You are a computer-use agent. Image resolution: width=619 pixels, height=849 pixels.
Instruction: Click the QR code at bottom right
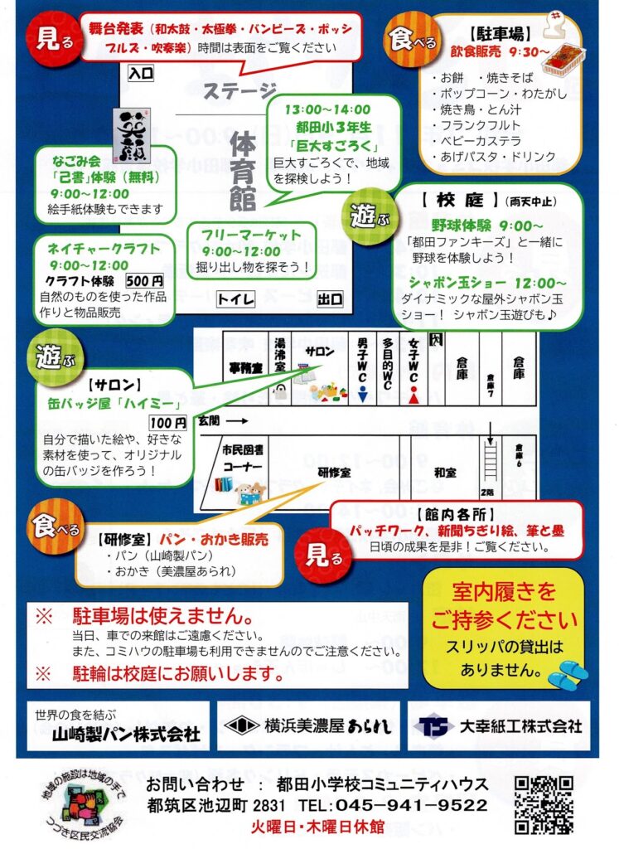(544, 803)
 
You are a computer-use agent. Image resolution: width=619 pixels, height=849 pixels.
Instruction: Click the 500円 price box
(145, 280)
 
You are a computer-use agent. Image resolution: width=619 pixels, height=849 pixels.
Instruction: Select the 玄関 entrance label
(211, 421)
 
